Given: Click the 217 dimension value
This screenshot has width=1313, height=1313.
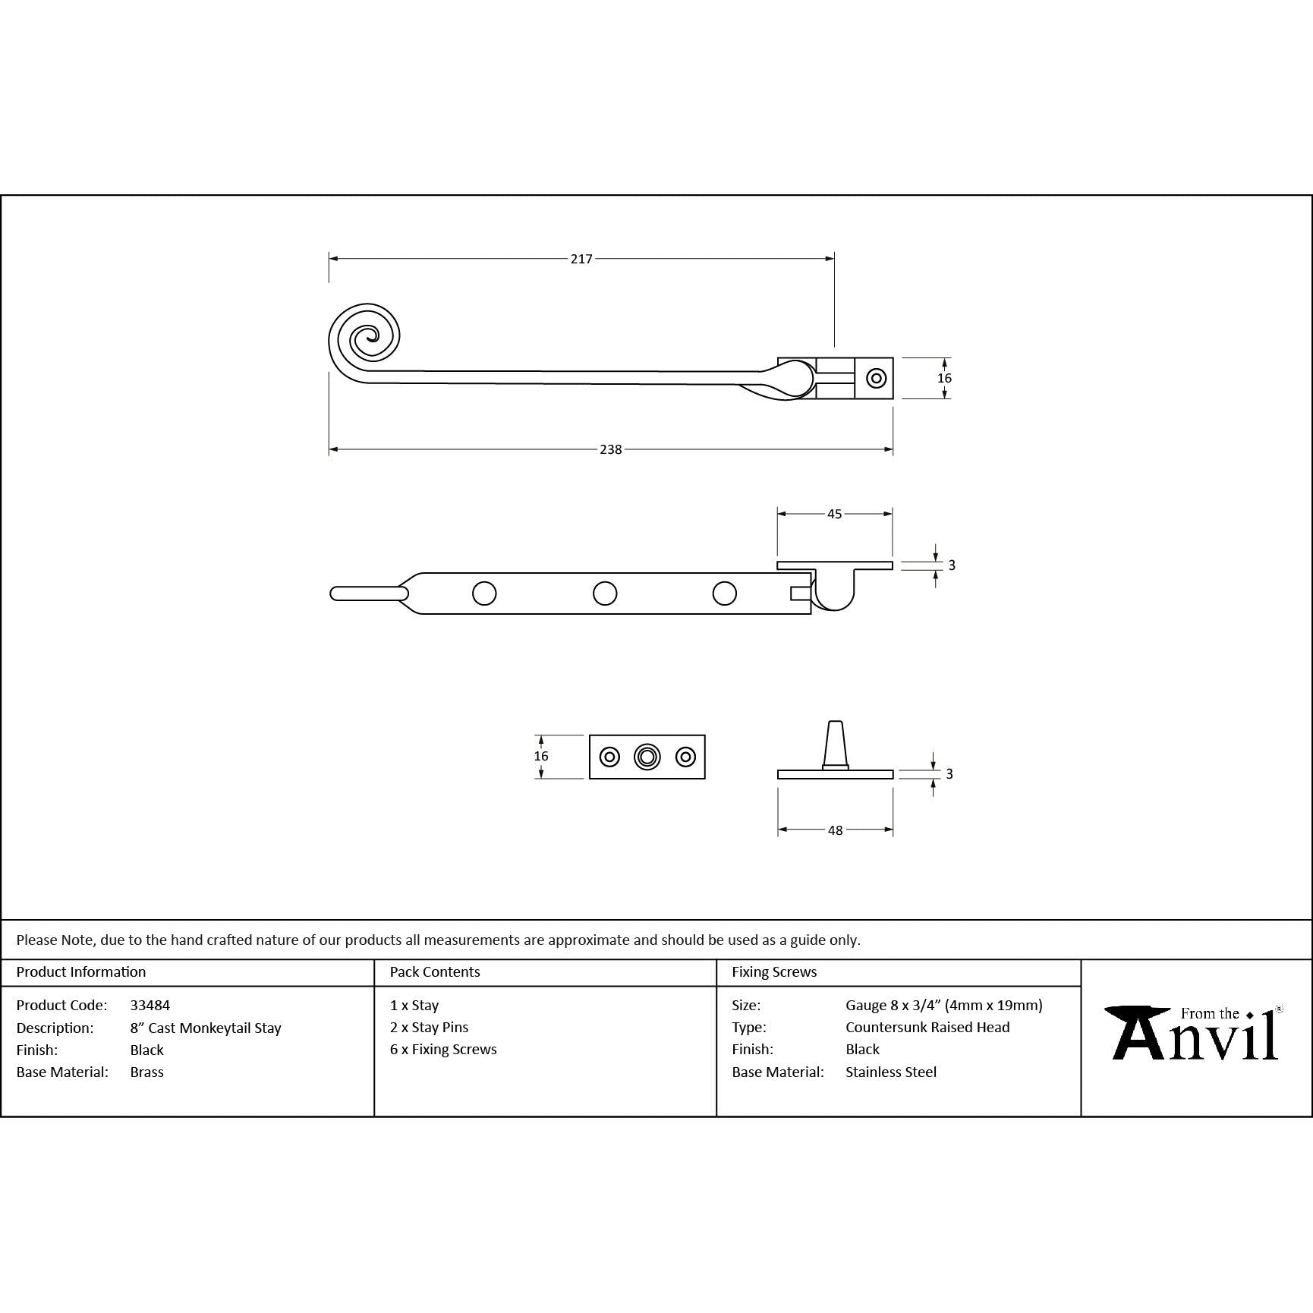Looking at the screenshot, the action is tap(581, 259).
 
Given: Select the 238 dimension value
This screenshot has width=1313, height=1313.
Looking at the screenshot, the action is tap(610, 449).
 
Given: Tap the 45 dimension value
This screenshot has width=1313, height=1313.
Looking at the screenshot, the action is tap(834, 514).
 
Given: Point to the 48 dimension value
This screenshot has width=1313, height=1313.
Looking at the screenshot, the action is tap(835, 830).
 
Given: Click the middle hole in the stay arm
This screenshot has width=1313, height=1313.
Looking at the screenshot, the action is tap(605, 593).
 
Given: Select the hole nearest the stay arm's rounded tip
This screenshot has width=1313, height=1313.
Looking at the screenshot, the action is tap(484, 593).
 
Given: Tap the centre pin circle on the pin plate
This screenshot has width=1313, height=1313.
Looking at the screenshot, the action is tap(647, 757).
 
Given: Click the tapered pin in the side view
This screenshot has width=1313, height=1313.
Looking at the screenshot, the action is tap(835, 745).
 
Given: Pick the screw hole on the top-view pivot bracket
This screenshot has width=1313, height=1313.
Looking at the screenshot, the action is tap(877, 378).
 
